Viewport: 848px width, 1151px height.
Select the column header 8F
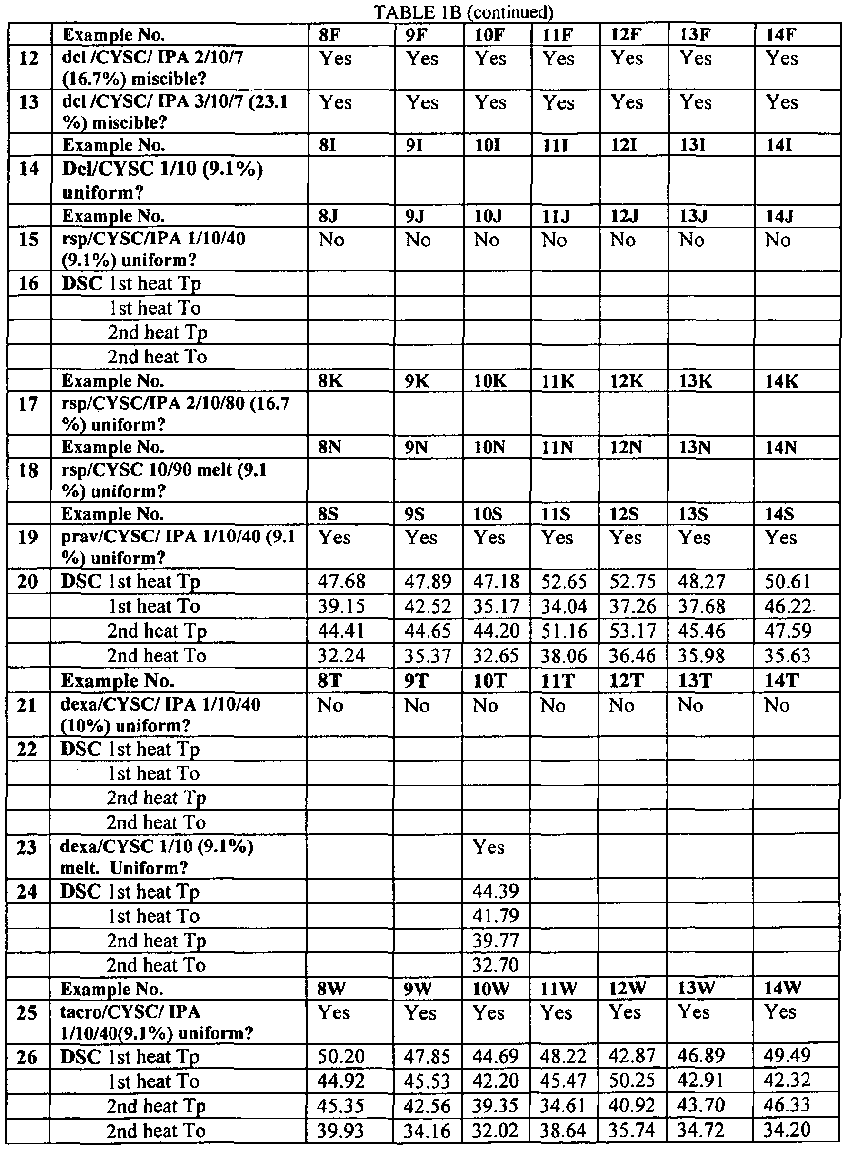tap(329, 35)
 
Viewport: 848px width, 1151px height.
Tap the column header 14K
tap(782, 381)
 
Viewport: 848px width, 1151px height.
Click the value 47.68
tap(341, 581)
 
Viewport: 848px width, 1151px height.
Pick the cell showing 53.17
tap(632, 631)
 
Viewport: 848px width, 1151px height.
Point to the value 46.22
tap(788, 606)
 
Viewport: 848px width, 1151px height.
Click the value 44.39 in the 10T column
tap(495, 892)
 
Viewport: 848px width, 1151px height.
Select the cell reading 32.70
tap(495, 966)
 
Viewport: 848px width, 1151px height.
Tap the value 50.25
tap(632, 1081)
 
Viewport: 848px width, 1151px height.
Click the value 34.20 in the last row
tap(787, 1130)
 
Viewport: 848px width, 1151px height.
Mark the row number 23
tap(27, 848)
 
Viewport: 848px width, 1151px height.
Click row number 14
tap(28, 169)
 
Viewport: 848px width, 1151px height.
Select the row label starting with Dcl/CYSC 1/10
tap(162, 180)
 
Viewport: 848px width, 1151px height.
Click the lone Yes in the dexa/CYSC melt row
tap(489, 848)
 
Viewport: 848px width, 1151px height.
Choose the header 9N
tap(416, 448)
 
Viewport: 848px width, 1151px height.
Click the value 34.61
tap(564, 1105)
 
